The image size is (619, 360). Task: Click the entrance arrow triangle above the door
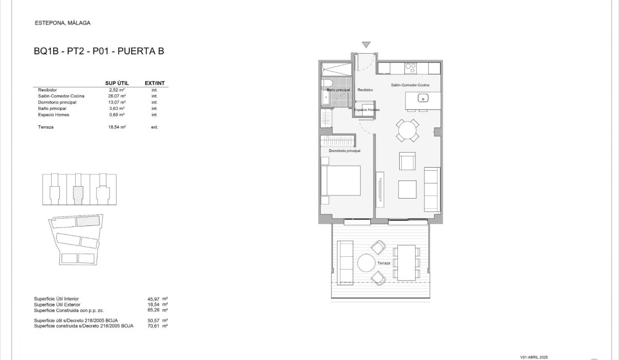[366, 45]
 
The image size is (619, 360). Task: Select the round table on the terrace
[367, 264]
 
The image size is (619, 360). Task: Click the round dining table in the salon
[408, 130]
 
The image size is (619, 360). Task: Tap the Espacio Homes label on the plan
[367, 110]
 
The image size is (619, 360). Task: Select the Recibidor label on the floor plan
[365, 90]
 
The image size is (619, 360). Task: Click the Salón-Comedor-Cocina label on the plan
[410, 85]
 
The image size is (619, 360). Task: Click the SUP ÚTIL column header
[116, 83]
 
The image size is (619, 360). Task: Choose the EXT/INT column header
[154, 83]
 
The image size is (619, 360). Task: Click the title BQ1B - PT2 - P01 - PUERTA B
[99, 52]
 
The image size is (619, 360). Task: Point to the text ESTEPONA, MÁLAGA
[62, 23]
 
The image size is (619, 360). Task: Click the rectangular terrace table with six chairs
[406, 263]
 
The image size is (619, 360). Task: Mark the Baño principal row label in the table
[52, 108]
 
